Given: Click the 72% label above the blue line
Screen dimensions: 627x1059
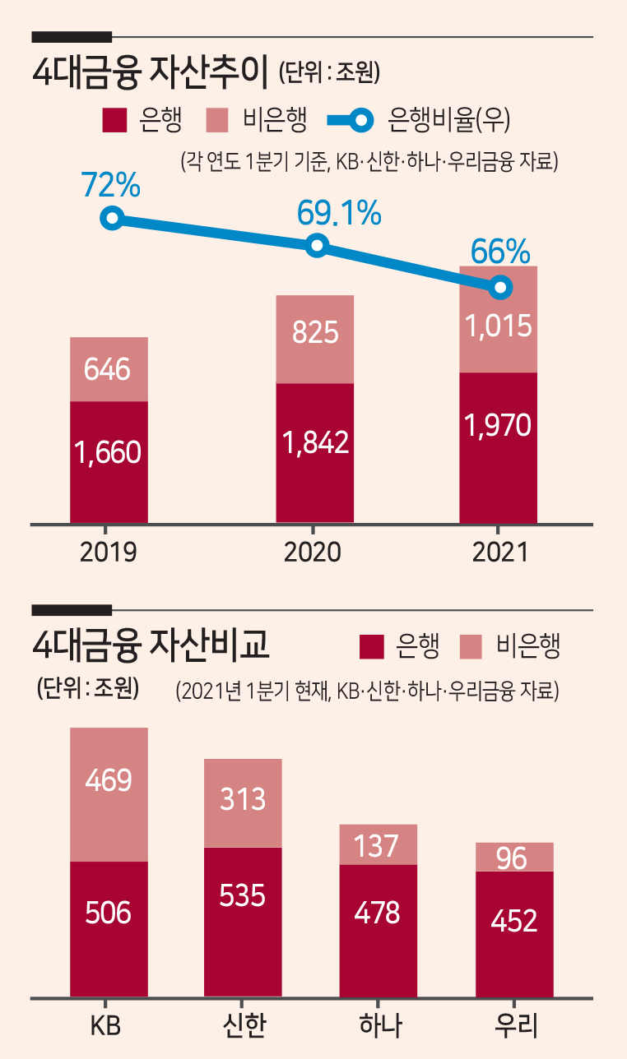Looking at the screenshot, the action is point(111,184).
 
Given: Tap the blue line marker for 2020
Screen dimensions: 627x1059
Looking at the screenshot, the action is point(317,245).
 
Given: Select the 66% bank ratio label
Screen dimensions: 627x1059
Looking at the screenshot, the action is point(500,252).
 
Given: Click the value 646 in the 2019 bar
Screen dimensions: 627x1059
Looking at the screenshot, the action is point(107,369).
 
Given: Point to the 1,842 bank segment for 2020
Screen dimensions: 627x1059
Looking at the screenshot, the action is point(315,453).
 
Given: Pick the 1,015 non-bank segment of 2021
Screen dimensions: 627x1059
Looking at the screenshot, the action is point(499,320).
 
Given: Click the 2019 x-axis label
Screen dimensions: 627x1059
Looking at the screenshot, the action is point(109,552).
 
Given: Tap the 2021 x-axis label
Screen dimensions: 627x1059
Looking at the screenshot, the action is point(500,552).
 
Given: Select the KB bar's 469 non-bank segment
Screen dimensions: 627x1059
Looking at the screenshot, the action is point(109,794).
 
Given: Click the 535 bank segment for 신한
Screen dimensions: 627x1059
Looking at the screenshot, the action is point(243,922).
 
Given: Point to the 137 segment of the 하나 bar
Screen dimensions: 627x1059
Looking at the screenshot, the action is point(379,844).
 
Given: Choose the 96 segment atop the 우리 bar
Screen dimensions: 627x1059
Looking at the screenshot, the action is point(514,857).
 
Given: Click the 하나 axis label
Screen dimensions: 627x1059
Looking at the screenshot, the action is point(380,1026).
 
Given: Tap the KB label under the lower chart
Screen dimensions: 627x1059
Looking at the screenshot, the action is point(105,1026).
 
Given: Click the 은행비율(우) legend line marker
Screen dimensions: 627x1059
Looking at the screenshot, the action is point(351,120).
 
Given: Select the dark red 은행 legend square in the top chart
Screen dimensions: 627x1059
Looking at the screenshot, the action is point(114,120).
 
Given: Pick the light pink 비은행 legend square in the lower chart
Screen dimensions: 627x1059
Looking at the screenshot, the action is point(471,647).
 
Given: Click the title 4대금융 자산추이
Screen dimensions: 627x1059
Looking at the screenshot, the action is point(151,72).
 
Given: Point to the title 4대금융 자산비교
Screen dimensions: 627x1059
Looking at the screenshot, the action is point(151,645).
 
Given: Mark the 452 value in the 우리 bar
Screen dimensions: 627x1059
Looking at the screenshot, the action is point(514,921).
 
